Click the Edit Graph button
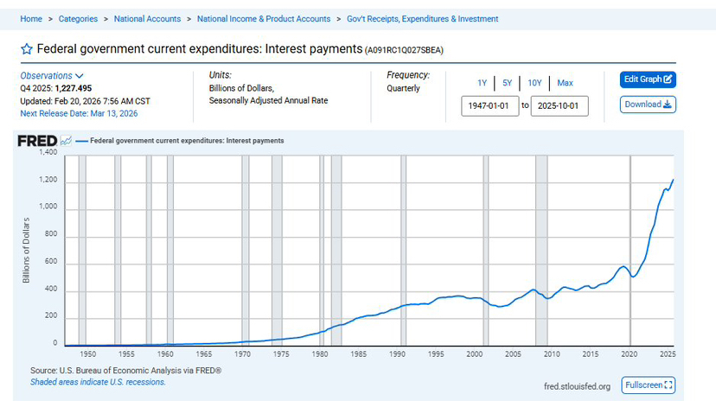648,79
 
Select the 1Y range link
482,83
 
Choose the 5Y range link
507,83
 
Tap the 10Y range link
534,83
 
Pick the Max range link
565,83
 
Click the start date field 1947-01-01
489,105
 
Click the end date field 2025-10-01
559,105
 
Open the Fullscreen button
649,385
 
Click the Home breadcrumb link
31,19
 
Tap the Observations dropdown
52,75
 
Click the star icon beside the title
27,49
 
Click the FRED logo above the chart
37,140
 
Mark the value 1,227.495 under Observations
74,88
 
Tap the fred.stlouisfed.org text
577,386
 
